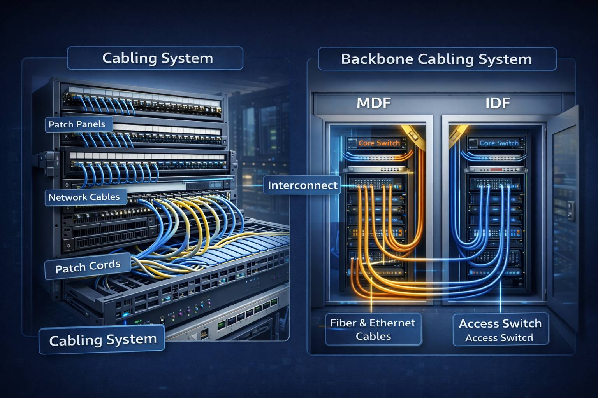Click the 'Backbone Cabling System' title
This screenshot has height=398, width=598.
(436, 59)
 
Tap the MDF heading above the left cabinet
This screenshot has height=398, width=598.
(374, 103)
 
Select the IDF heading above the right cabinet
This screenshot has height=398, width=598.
(498, 103)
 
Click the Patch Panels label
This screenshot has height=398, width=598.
(77, 124)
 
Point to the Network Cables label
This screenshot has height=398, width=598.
(84, 197)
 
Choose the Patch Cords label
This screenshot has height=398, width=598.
(88, 267)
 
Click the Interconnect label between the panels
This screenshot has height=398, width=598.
(303, 185)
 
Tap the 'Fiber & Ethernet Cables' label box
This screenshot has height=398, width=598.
(373, 329)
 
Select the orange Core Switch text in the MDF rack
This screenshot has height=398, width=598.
(379, 143)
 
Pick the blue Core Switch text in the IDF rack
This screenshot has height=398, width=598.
(499, 143)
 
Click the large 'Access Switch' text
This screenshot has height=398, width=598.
(500, 323)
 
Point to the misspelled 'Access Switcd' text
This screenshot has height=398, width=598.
(499, 338)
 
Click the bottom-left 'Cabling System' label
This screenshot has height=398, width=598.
(103, 340)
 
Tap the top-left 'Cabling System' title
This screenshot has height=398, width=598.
(158, 58)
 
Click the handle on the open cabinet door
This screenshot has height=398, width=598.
(571, 210)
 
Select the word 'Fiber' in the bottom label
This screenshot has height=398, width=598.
(344, 323)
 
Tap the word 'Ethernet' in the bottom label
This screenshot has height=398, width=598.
(392, 323)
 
